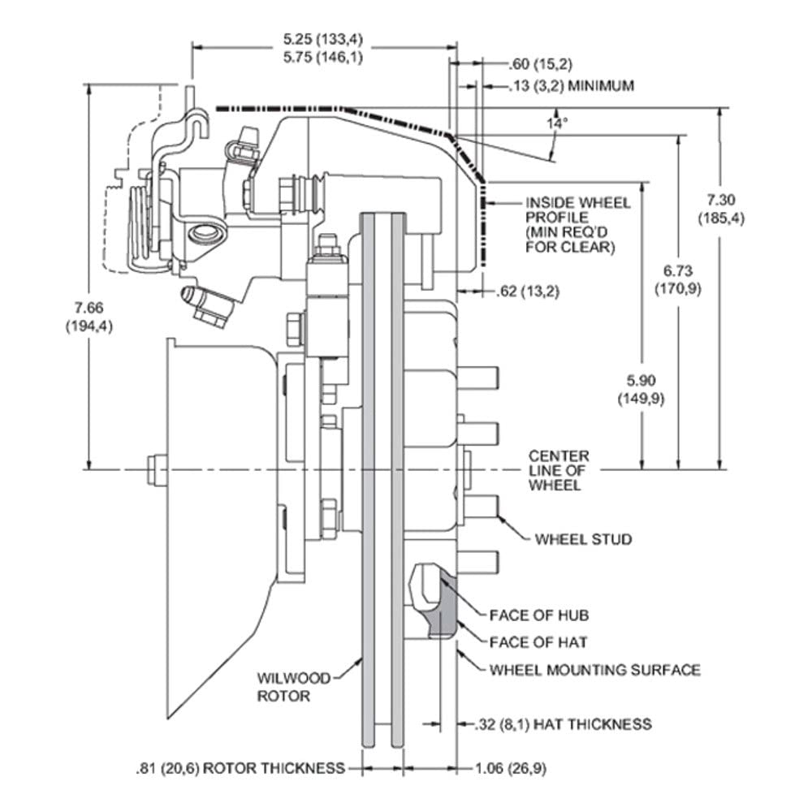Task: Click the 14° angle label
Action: (x=556, y=123)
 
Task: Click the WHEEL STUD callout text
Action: (x=583, y=540)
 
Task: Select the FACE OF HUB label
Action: (x=539, y=615)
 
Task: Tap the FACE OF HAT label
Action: (x=538, y=642)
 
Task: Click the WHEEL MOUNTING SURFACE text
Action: (x=595, y=670)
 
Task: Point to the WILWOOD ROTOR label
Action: (x=293, y=687)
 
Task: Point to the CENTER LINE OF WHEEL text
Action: (x=559, y=470)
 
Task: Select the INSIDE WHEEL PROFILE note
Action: (x=578, y=225)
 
